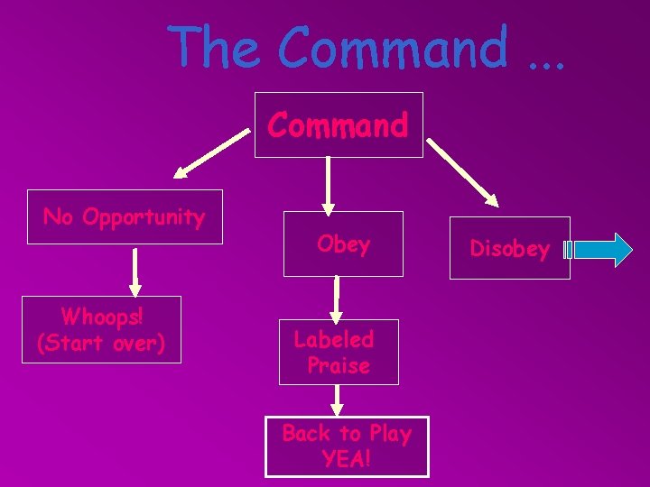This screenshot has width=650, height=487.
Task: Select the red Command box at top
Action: [338, 124]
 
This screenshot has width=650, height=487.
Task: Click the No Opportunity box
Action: [125, 217]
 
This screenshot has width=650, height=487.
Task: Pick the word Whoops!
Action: [100, 317]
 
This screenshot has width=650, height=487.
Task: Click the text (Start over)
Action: [100, 344]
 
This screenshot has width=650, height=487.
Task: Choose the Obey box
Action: [343, 243]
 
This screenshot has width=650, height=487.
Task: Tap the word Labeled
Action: [334, 339]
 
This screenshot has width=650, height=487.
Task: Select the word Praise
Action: [339, 365]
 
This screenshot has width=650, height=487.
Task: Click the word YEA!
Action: [346, 459]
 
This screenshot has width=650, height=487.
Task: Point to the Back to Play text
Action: [346, 434]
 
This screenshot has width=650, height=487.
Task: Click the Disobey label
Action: [509, 249]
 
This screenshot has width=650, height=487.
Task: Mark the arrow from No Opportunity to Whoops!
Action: [135, 271]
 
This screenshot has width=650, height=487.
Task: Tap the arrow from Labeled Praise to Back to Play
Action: [337, 399]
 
